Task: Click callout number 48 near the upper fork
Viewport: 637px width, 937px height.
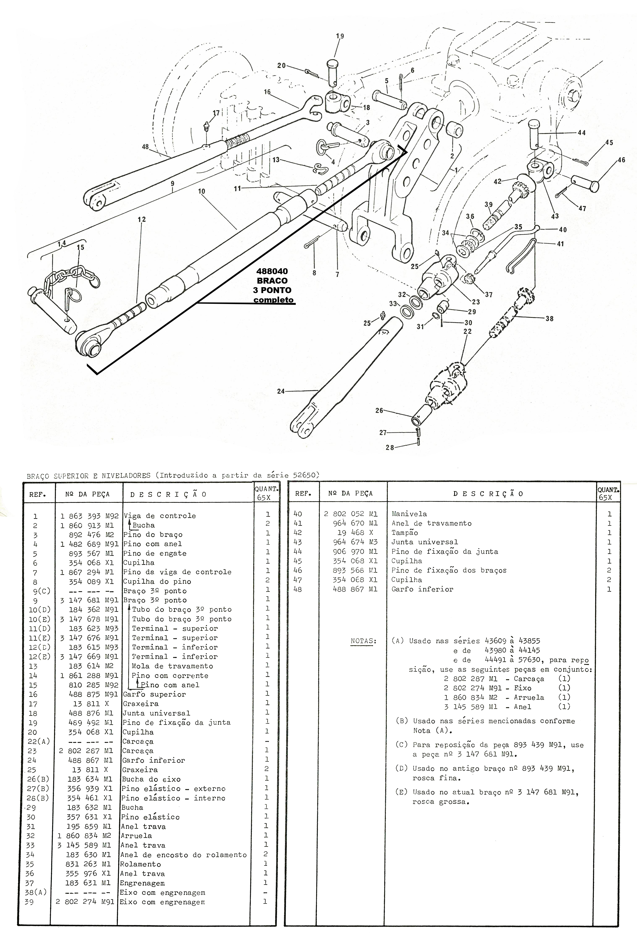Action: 146,147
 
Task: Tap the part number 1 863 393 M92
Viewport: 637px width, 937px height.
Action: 90,516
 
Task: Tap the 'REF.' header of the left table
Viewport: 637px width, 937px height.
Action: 37,494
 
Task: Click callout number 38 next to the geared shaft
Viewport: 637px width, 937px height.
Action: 549,319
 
